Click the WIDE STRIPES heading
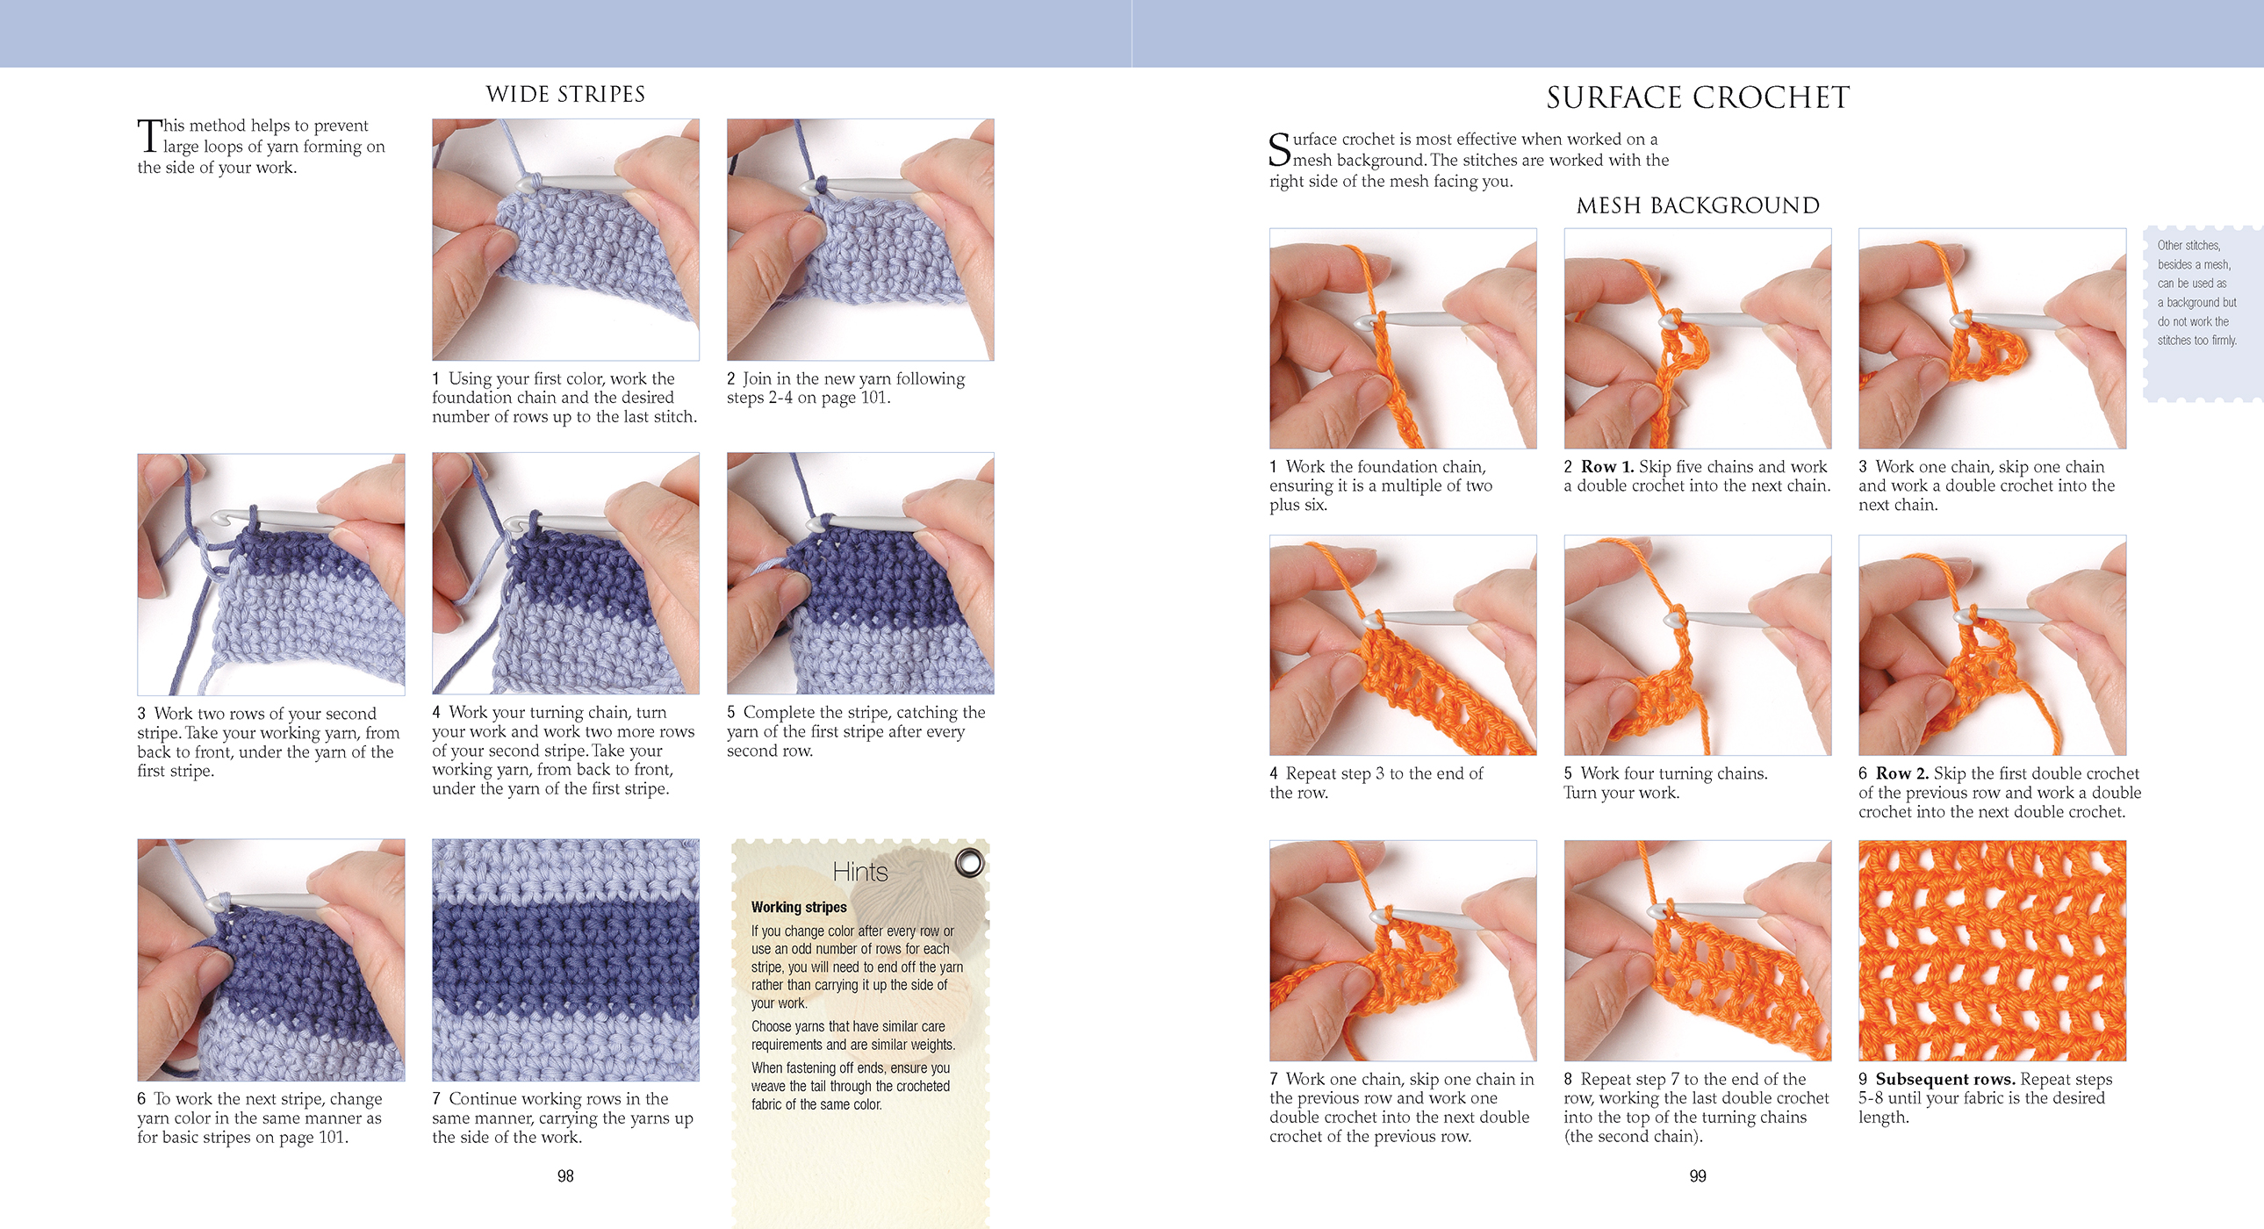tap(565, 94)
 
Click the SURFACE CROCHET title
tap(1697, 97)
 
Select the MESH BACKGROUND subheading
tap(1697, 205)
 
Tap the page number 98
tap(565, 1175)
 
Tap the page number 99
tap(1697, 1175)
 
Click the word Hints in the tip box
tap(859, 871)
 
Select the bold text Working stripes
tap(798, 906)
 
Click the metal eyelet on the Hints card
tap(969, 862)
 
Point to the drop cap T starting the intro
tap(148, 136)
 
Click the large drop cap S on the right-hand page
tap(1280, 149)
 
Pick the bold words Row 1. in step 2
tap(1606, 467)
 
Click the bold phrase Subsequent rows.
tap(1945, 1079)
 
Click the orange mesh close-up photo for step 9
tap(1992, 951)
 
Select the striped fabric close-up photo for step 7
tap(565, 959)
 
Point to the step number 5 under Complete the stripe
tap(731, 712)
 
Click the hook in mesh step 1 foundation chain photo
tap(1415, 320)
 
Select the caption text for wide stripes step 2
tap(845, 388)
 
